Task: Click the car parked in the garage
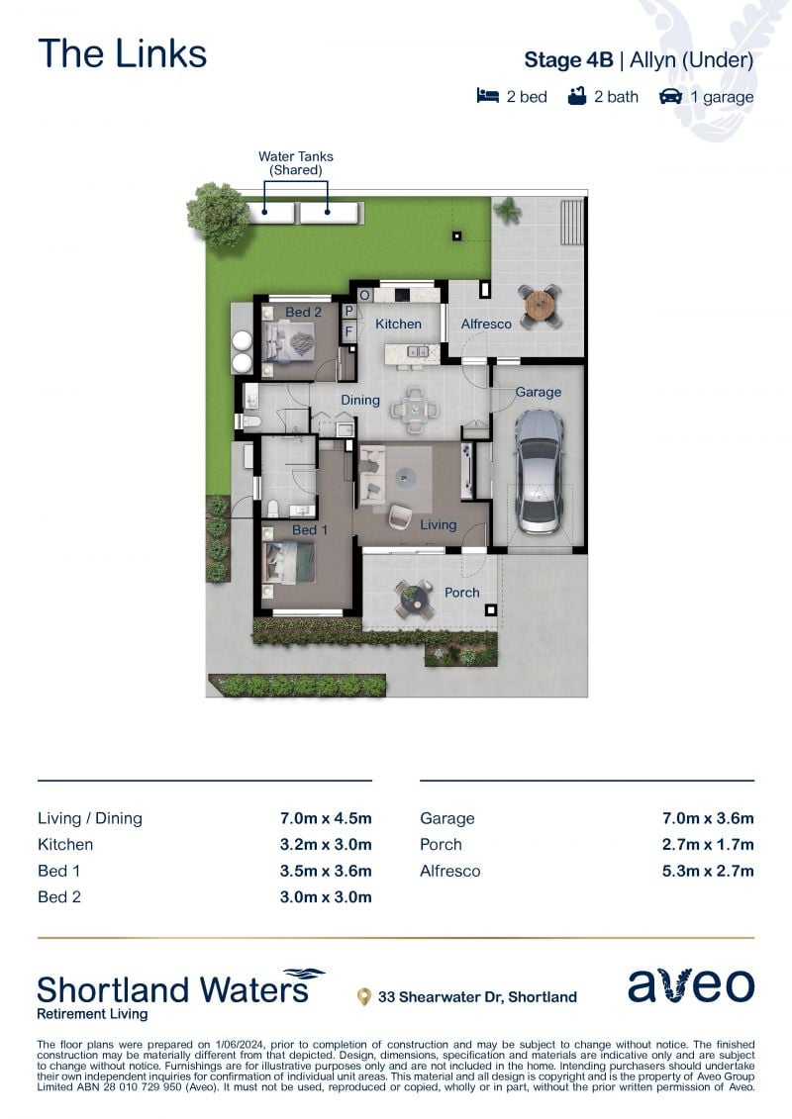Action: coord(539,472)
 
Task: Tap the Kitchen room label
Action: coord(399,324)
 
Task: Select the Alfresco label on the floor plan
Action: coord(486,324)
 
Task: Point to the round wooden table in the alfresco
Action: coord(540,305)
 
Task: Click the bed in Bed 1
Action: coord(288,563)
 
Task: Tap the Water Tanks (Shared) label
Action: coord(296,162)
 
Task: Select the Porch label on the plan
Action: coord(462,593)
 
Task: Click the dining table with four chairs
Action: coord(415,411)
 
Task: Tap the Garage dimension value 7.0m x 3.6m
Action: coord(708,818)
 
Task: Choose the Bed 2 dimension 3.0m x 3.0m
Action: coord(326,897)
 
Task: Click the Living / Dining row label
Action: coord(90,818)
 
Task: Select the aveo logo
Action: coord(691,985)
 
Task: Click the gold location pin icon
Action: coord(364,996)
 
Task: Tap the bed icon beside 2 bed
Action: coord(488,96)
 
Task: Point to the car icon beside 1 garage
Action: coord(670,96)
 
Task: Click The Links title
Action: coord(122,53)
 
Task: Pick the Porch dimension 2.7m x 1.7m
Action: coord(708,845)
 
